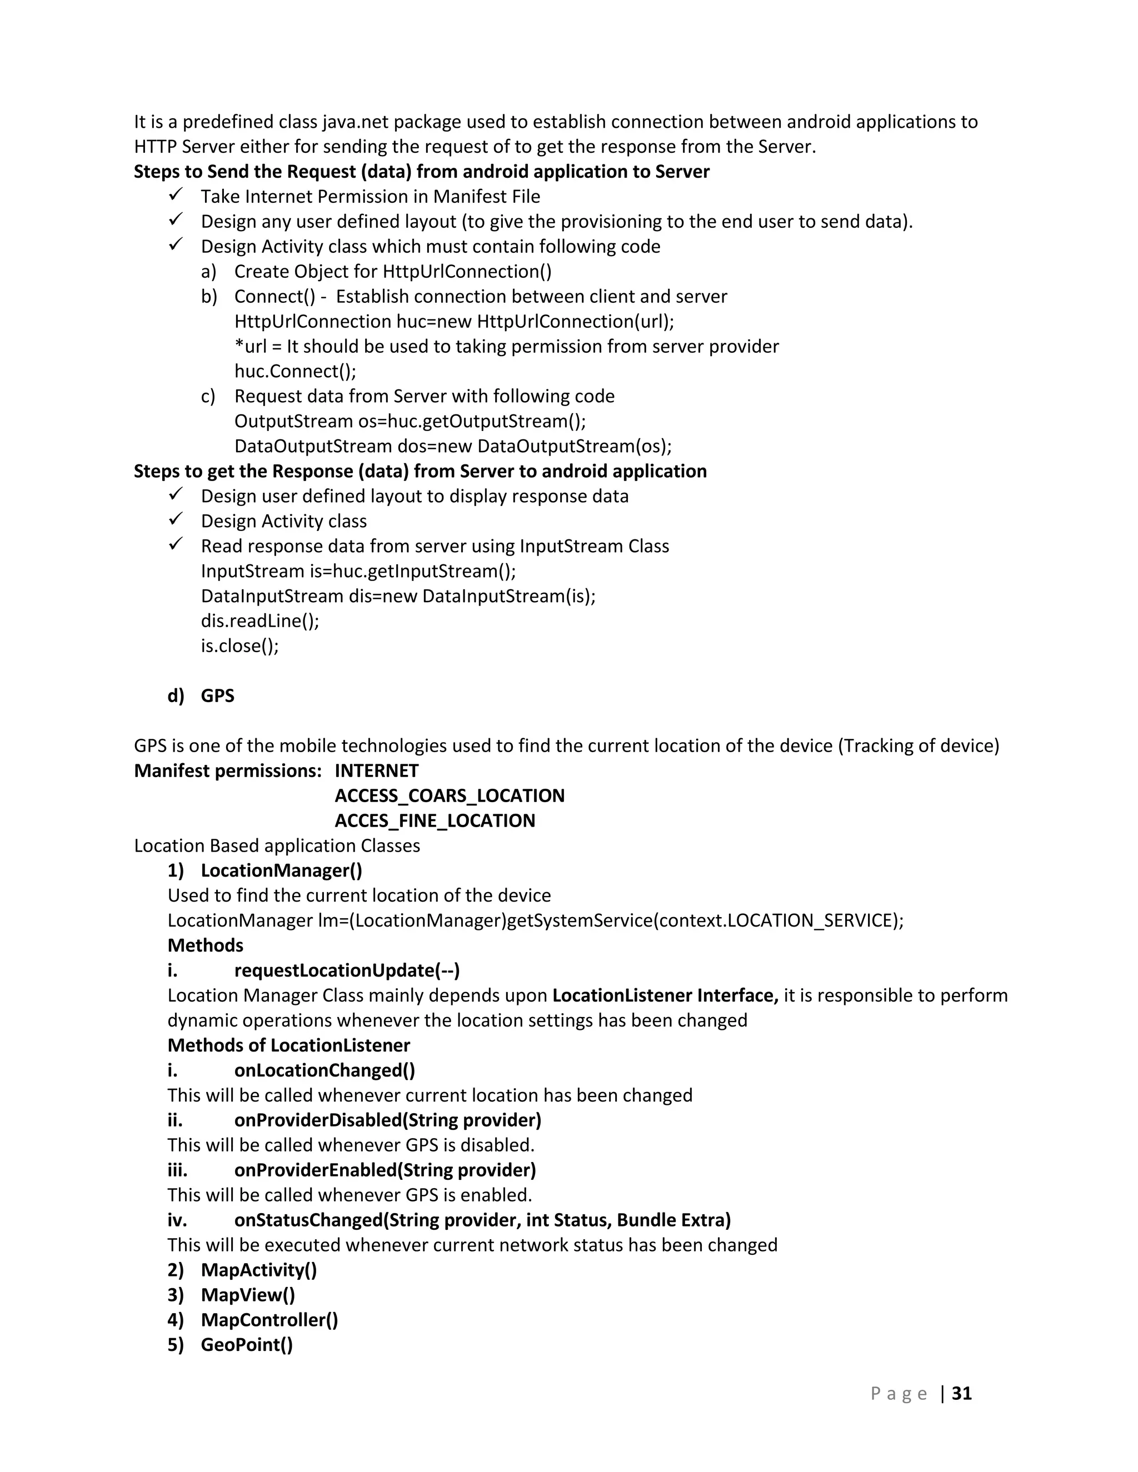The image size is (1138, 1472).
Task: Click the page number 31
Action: point(961,1393)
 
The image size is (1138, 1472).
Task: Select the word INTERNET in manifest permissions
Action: point(376,770)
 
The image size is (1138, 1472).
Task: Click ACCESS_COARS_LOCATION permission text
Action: point(449,795)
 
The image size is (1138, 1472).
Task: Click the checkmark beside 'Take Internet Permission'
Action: point(176,196)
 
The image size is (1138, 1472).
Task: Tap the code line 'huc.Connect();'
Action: point(295,372)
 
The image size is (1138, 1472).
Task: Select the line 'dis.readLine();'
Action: point(259,621)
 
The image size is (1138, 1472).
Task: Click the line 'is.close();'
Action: point(239,645)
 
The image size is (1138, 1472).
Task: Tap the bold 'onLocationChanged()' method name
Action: point(325,1070)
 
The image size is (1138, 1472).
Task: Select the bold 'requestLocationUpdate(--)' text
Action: point(347,970)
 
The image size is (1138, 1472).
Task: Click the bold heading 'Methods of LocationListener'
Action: point(288,1045)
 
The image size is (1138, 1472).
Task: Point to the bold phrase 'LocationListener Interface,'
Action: point(665,995)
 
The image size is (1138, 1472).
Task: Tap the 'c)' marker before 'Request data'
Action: point(208,396)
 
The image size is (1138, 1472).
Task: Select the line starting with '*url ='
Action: point(506,347)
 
